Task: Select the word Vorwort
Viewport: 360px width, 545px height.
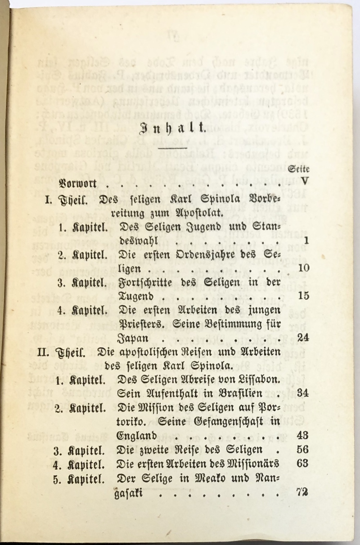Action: pyautogui.click(x=78, y=183)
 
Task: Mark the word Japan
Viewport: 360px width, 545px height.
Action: pyautogui.click(x=133, y=339)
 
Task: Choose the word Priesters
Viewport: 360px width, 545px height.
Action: pyautogui.click(x=142, y=324)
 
